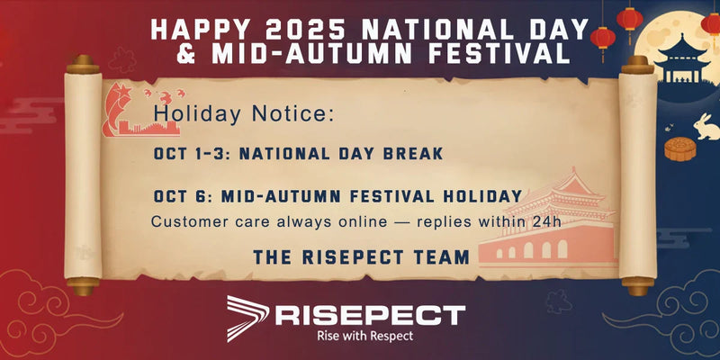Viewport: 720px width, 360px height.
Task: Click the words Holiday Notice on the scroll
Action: [x=244, y=114]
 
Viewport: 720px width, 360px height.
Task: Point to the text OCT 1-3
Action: [x=191, y=154]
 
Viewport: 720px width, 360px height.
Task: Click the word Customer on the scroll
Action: [x=184, y=220]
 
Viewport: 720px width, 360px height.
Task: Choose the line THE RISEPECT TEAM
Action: [x=361, y=257]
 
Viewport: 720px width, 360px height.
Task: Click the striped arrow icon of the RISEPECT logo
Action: [x=247, y=318]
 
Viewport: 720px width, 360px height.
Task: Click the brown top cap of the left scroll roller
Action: [x=83, y=64]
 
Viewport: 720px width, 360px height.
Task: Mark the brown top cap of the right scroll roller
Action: [x=636, y=64]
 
